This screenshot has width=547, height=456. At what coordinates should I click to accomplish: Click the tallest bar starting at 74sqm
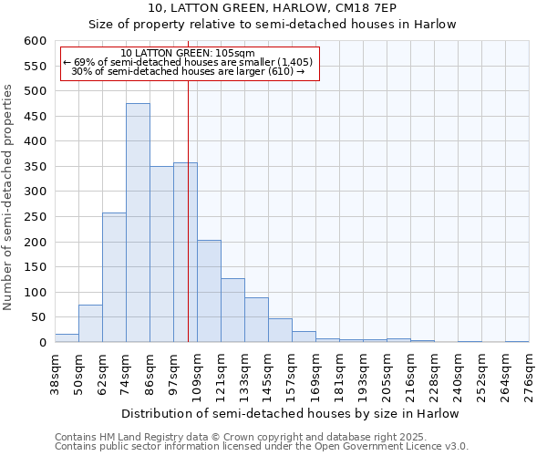tap(138, 223)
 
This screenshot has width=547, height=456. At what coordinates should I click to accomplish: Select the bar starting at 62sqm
tap(114, 278)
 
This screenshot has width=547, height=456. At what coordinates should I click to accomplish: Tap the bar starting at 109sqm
tap(209, 292)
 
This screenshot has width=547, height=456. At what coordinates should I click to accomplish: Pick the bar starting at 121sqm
tap(232, 311)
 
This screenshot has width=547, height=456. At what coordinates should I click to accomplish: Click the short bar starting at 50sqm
tap(90, 324)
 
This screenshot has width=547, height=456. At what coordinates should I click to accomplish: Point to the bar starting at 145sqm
tap(280, 331)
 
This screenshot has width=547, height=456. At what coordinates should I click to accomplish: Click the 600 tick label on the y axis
tap(35, 41)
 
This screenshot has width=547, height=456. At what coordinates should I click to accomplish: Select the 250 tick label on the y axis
tap(35, 217)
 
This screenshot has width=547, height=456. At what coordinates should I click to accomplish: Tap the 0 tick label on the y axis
tap(42, 343)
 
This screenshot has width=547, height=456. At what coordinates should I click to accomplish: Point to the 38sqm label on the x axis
tap(55, 374)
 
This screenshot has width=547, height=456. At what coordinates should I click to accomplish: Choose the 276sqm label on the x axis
tap(529, 374)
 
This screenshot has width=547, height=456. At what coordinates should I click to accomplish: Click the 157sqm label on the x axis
tap(292, 374)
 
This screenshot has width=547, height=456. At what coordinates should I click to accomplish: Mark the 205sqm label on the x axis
tap(387, 374)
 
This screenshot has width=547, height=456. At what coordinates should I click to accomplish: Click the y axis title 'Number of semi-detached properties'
tap(8, 197)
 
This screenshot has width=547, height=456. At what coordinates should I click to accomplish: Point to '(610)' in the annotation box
tap(278, 71)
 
